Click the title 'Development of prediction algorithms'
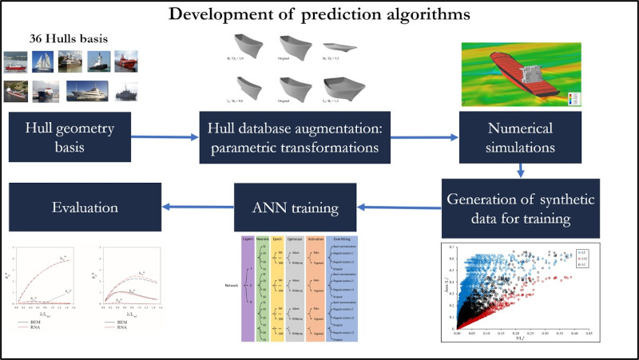click(319, 14)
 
